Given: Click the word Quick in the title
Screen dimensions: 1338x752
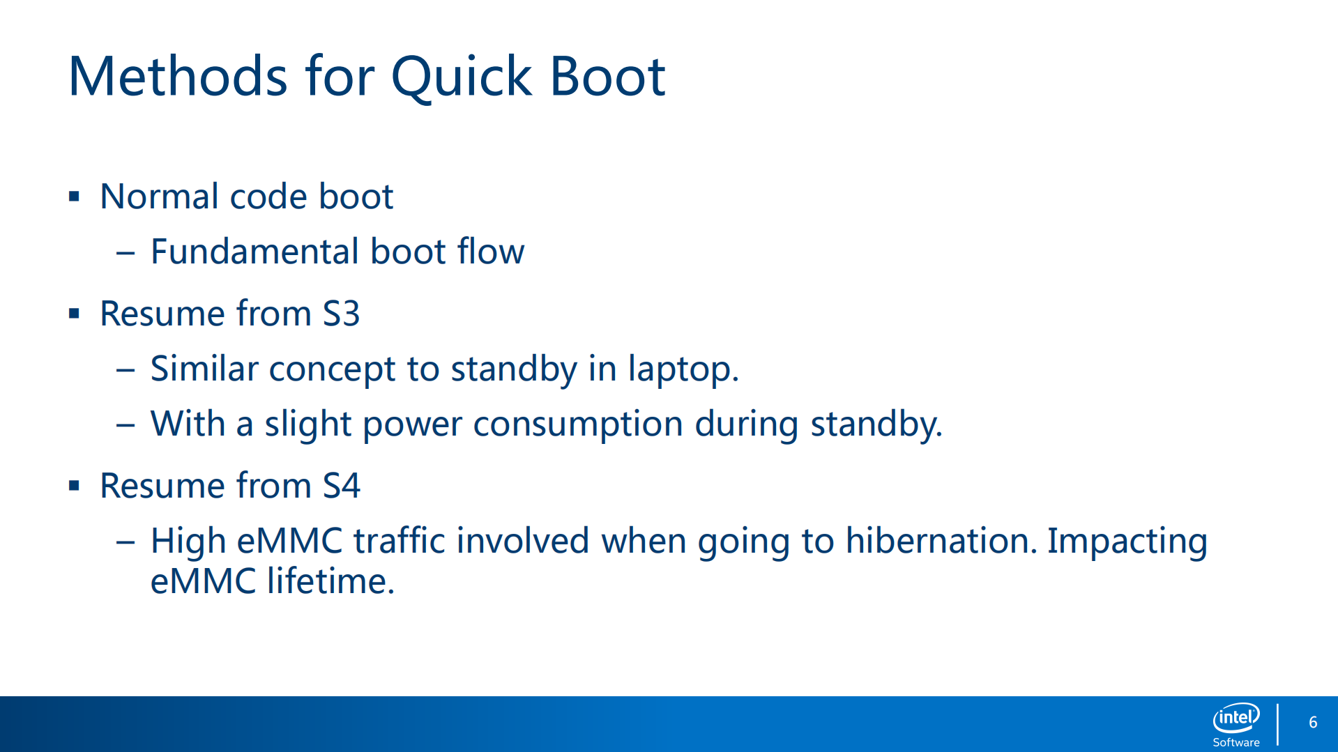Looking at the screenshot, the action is pos(462,77).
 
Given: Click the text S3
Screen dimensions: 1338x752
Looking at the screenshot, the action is pos(342,314).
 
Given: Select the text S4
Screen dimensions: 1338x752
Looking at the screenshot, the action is pos(342,486).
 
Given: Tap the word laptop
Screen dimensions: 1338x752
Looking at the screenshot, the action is pos(683,369).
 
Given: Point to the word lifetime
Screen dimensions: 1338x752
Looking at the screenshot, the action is pos(331,581).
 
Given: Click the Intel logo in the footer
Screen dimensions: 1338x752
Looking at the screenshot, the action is pos(1236,718).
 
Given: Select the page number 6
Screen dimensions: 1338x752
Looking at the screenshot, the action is pos(1313,723).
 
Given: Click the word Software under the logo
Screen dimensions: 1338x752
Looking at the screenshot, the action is pos(1236,743).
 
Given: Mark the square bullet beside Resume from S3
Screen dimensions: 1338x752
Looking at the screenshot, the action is pos(74,314).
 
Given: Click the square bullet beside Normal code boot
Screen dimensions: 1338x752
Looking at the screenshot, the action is pos(74,197).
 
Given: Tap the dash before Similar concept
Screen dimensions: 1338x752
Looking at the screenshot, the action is pos(126,370).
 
